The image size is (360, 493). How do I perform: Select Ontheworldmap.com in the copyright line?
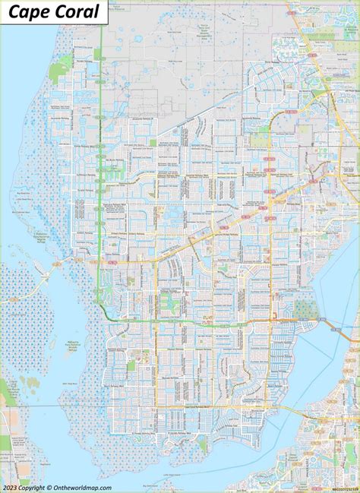pos(84,488)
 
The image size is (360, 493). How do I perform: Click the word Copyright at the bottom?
pos(38,488)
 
